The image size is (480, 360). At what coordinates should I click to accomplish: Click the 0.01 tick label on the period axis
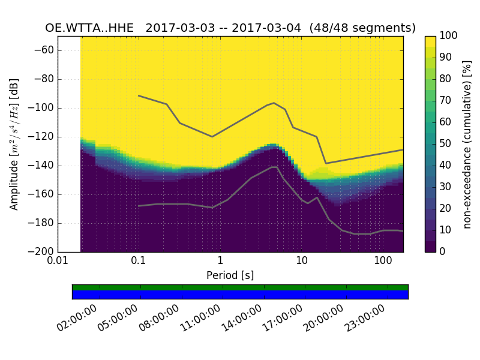pyautogui.click(x=58, y=262)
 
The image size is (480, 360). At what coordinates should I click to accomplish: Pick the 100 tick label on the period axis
pyautogui.click(x=383, y=262)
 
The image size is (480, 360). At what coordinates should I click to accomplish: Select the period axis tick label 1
pyautogui.click(x=220, y=262)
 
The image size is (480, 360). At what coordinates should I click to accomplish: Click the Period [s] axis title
pyautogui.click(x=230, y=275)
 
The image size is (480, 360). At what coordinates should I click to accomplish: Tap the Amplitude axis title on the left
pyautogui.click(x=14, y=144)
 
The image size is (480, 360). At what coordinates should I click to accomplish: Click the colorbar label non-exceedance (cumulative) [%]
pyautogui.click(x=467, y=144)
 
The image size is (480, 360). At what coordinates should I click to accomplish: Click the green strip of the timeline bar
pyautogui.click(x=240, y=287)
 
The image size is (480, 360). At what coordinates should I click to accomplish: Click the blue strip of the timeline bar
pyautogui.click(x=240, y=294)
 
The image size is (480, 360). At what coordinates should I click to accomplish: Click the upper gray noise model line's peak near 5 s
pyautogui.click(x=274, y=103)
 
